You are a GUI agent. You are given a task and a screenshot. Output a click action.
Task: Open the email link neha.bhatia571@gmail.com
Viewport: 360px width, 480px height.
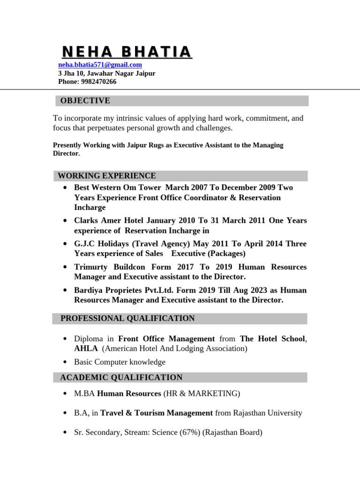[100, 65]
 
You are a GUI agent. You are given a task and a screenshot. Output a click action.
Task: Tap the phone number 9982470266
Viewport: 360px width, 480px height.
[98, 82]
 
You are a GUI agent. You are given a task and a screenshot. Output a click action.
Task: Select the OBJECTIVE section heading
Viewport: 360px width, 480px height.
[85, 101]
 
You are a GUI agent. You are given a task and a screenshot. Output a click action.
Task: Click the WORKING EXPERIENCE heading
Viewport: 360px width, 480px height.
[106, 176]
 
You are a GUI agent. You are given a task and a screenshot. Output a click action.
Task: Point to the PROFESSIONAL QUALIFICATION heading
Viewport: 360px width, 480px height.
[127, 319]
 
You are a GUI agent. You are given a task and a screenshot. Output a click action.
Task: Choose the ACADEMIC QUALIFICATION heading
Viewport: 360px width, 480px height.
[121, 377]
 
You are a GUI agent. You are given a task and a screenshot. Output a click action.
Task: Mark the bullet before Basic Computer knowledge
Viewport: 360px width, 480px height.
[64, 362]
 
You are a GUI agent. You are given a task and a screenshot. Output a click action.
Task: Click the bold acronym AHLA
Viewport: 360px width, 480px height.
[86, 349]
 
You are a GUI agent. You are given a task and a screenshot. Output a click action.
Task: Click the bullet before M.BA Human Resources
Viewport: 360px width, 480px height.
[64, 394]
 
